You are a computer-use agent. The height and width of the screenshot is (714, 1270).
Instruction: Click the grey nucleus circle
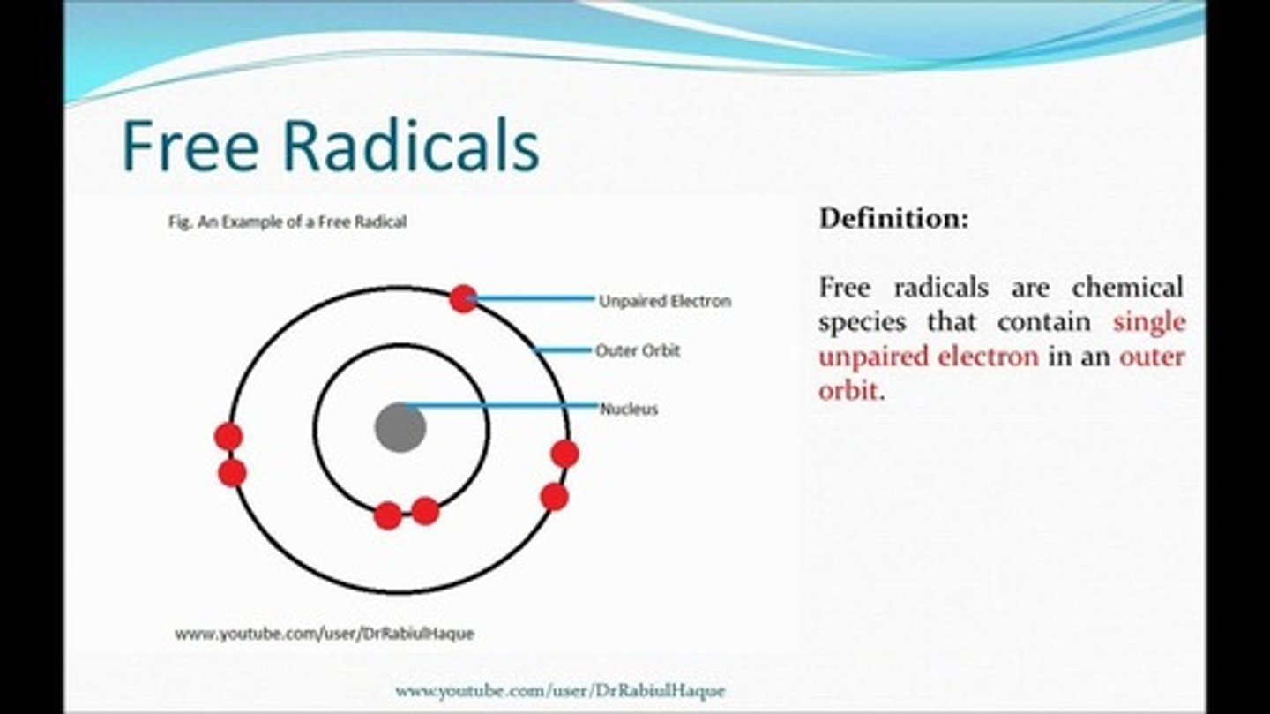click(x=400, y=428)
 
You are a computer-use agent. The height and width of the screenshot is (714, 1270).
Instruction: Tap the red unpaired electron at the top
click(x=463, y=298)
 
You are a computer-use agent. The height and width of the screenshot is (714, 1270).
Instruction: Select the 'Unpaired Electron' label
click(x=664, y=301)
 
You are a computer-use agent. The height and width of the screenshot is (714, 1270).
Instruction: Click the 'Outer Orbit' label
click(x=638, y=350)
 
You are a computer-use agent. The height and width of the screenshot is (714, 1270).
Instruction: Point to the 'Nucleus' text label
click(x=629, y=409)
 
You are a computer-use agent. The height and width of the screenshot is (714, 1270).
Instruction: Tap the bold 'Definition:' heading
click(x=893, y=218)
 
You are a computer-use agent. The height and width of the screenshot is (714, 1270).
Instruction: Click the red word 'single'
click(x=1148, y=322)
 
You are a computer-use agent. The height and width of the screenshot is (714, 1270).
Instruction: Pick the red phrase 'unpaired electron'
click(x=928, y=357)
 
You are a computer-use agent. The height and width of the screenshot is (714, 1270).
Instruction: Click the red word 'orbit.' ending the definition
click(x=850, y=390)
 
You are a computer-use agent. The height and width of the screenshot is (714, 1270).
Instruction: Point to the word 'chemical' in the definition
click(x=1127, y=288)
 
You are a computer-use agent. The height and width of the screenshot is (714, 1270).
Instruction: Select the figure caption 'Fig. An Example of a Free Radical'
click(x=287, y=222)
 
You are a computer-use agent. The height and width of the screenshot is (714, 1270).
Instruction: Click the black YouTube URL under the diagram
click(x=324, y=634)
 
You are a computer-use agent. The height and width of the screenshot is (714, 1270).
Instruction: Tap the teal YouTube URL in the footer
click(x=560, y=690)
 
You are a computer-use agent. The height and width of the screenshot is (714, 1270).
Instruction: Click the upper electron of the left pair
click(x=228, y=436)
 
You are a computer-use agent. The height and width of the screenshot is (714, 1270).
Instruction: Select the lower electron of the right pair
click(x=554, y=497)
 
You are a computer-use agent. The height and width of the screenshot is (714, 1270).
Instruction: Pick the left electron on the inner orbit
click(x=387, y=515)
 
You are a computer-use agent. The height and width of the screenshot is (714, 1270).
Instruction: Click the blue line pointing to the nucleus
click(x=503, y=406)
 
